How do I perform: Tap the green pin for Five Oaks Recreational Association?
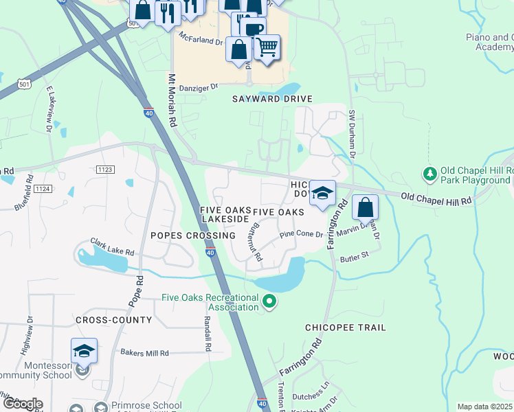pyautogui.click(x=269, y=301)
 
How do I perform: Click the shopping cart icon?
pyautogui.click(x=267, y=47)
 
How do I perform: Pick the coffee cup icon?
pyautogui.click(x=252, y=28)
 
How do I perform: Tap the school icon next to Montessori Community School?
pyautogui.click(x=84, y=352)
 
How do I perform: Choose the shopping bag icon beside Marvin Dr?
pyautogui.click(x=366, y=207)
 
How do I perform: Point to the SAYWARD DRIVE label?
pyautogui.click(x=271, y=99)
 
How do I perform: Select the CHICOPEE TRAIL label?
pyautogui.click(x=346, y=328)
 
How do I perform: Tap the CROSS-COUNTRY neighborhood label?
pyautogui.click(x=114, y=320)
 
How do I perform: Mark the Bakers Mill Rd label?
pyautogui.click(x=145, y=353)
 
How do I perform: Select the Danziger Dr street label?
pyautogui.click(x=197, y=87)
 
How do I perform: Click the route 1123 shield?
pyautogui.click(x=105, y=169)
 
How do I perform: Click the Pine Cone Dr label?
pyautogui.click(x=301, y=235)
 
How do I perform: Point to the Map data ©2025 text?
pyautogui.click(x=485, y=407)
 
